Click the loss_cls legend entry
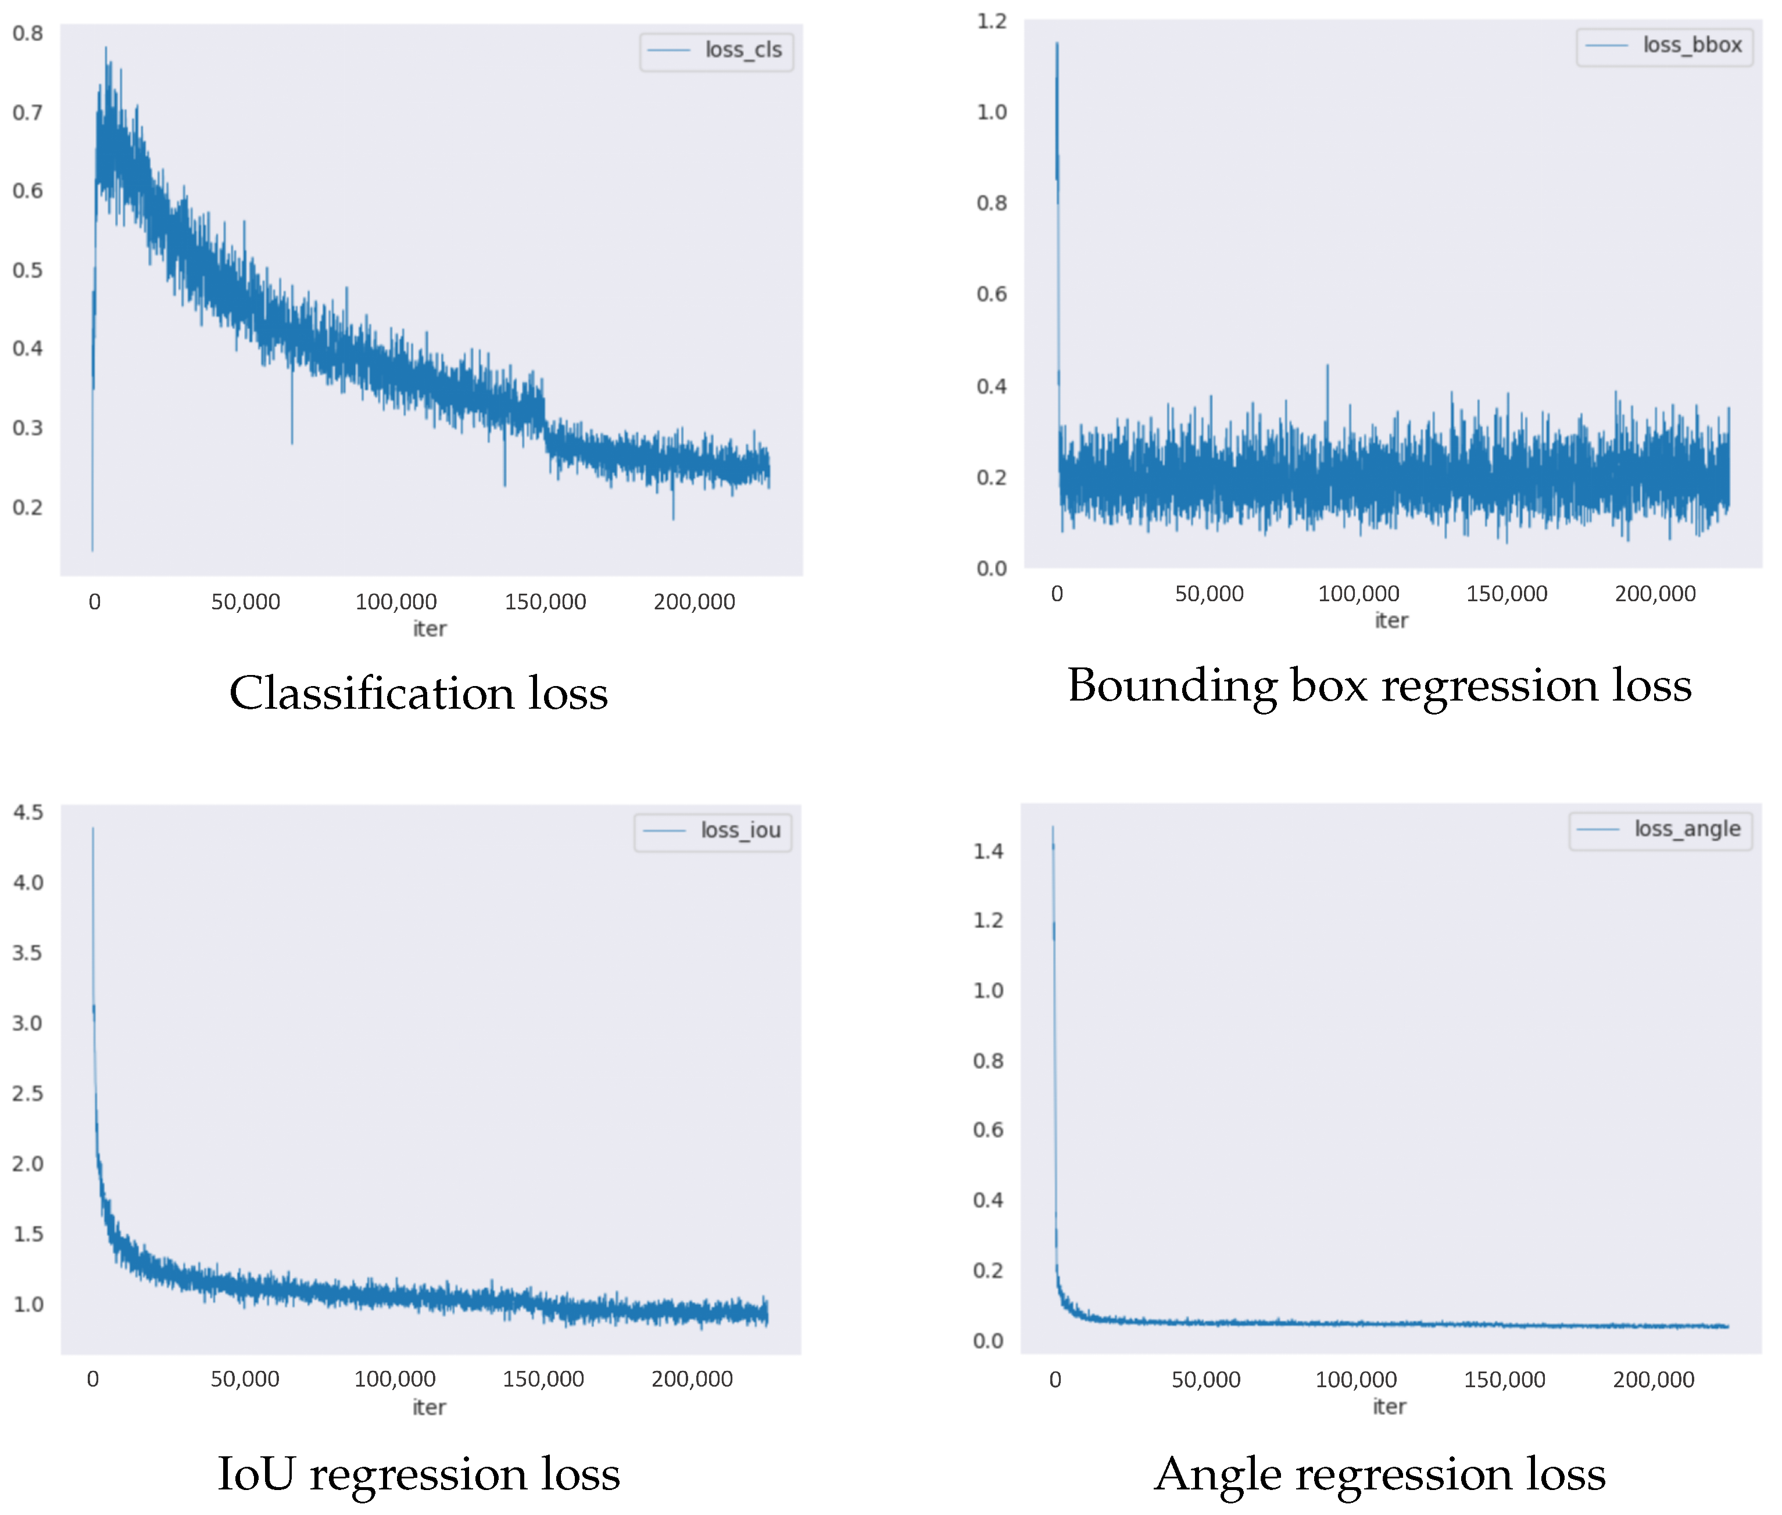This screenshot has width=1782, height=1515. pyautogui.click(x=717, y=51)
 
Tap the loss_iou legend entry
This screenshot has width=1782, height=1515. pyautogui.click(x=713, y=831)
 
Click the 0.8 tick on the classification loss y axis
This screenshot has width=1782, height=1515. pyautogui.click(x=27, y=34)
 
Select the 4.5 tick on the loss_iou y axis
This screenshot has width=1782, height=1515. pyautogui.click(x=27, y=813)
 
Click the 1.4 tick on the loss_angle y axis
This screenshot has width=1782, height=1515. pyautogui.click(x=987, y=851)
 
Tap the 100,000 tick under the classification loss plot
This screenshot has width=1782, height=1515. pyautogui.click(x=395, y=602)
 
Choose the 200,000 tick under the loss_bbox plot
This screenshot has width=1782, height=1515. pyautogui.click(x=1655, y=594)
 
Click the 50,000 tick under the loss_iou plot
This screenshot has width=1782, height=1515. pyautogui.click(x=245, y=1379)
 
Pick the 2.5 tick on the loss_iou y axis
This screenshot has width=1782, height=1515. pyautogui.click(x=27, y=1093)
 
